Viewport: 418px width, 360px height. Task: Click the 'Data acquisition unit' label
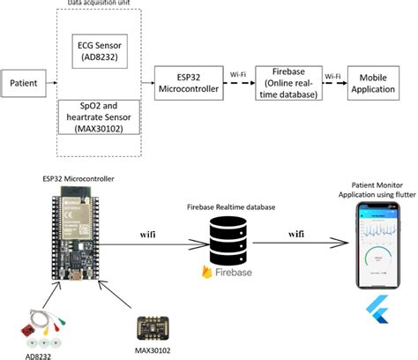(102, 5)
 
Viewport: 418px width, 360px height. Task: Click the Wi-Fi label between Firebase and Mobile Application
(332, 75)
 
